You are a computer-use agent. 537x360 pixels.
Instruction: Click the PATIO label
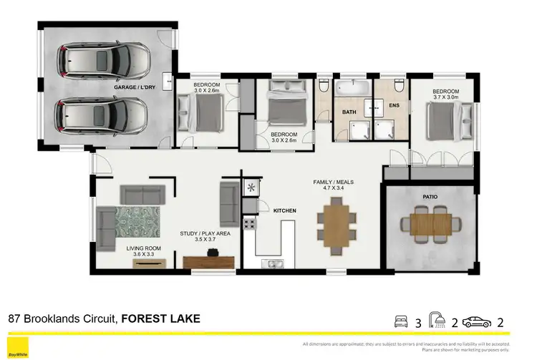430,195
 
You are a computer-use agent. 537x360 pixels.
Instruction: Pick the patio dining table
430,224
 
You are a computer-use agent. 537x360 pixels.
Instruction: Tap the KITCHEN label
284,210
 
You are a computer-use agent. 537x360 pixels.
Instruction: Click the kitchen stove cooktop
251,223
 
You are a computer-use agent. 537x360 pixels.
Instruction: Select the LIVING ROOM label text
144,248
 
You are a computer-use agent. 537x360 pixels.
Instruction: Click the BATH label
349,112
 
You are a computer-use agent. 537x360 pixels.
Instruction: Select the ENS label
393,106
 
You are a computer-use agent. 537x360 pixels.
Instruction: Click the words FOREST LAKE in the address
161,318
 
